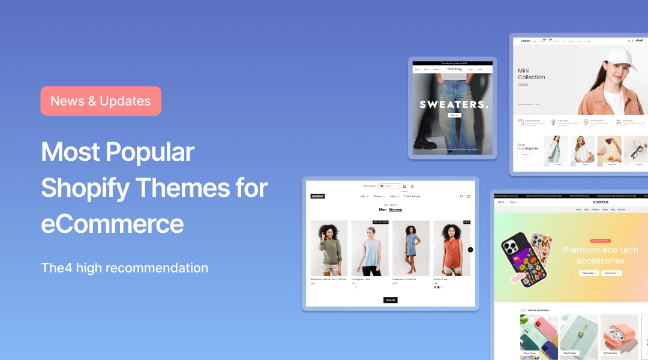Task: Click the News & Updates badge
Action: click(x=101, y=101)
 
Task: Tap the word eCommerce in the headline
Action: click(x=112, y=224)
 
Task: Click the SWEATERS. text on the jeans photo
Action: click(x=454, y=104)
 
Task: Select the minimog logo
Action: click(x=454, y=69)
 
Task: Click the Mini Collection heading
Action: click(x=532, y=74)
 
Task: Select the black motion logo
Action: click(x=317, y=196)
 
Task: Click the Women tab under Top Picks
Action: click(x=395, y=209)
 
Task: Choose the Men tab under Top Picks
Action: click(x=383, y=209)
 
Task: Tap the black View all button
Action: click(x=390, y=300)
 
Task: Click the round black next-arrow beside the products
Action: click(x=470, y=250)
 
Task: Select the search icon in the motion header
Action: click(x=461, y=196)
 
